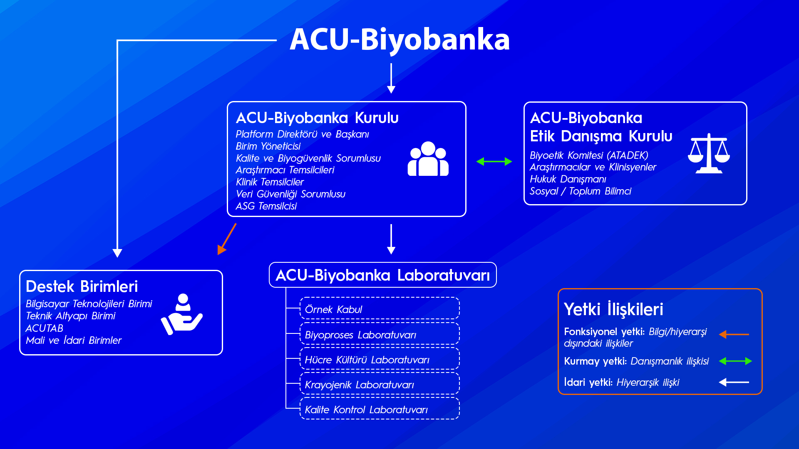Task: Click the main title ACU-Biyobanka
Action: [x=399, y=39]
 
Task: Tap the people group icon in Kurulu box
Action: [x=428, y=159]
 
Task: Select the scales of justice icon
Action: [x=709, y=153]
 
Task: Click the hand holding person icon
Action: [x=182, y=314]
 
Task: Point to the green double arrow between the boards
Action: [x=494, y=161]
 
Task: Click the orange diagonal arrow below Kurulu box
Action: [x=227, y=239]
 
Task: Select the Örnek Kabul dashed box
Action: [x=380, y=309]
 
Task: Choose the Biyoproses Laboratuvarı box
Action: [x=380, y=334]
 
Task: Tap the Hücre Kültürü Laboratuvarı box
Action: [x=380, y=359]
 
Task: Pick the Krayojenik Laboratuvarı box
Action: [x=380, y=384]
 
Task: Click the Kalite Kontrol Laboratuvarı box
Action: [x=380, y=409]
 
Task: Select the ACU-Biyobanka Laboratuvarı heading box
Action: [x=382, y=275]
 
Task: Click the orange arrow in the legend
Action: [x=734, y=334]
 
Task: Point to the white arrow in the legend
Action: [x=734, y=382]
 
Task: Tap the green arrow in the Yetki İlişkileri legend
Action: [x=735, y=361]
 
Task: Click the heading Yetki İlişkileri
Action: [x=613, y=309]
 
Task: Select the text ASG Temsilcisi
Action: [x=266, y=206]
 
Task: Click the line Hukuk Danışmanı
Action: [x=568, y=179]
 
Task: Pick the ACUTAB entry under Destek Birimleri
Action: [x=45, y=328]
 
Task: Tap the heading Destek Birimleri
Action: [x=82, y=286]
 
